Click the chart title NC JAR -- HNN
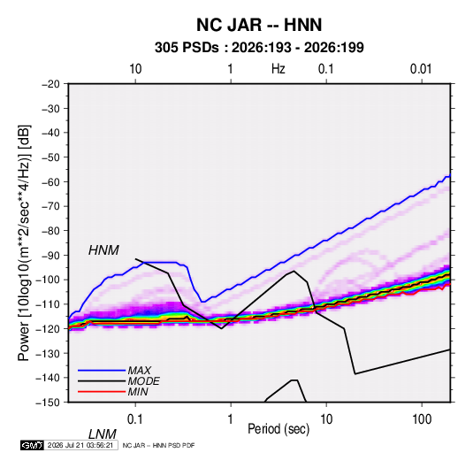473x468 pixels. point(259,25)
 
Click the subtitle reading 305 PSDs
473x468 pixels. point(187,48)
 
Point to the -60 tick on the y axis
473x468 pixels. point(51,181)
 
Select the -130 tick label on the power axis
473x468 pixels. point(49,353)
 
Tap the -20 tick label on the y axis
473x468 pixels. point(51,84)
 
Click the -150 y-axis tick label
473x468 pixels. point(49,403)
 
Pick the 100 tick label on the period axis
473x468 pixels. point(422,419)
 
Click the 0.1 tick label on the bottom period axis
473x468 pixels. point(135,419)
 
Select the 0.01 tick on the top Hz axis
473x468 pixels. point(421,69)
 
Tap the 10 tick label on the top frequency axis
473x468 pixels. point(135,69)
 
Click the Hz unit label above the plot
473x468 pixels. point(278,69)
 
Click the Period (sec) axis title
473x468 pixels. point(278,429)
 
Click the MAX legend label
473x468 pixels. point(140,371)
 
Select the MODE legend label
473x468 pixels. point(143,381)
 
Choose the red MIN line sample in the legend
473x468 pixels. point(102,392)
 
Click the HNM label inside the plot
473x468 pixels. point(103,250)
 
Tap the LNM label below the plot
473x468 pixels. point(103,434)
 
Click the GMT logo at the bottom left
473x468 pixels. point(33,445)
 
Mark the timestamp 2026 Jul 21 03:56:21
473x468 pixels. point(80,445)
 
